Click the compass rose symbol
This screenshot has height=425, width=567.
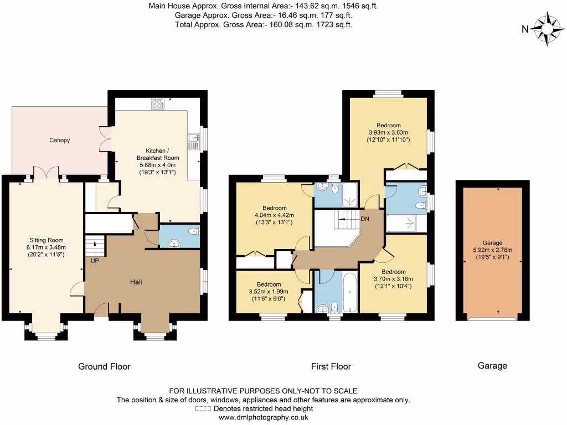(x=547, y=29)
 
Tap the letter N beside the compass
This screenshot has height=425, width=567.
(x=525, y=30)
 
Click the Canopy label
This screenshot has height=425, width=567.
(x=59, y=140)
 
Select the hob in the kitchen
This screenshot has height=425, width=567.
(x=157, y=103)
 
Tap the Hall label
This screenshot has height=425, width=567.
(x=136, y=282)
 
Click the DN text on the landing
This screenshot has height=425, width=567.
(x=365, y=219)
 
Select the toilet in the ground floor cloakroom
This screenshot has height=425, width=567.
(x=192, y=231)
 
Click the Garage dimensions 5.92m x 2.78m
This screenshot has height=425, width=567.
(x=492, y=250)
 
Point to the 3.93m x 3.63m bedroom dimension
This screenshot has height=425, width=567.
(x=388, y=132)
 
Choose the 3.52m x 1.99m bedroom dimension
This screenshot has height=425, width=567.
(x=270, y=291)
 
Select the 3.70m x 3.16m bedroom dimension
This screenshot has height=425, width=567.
(x=393, y=279)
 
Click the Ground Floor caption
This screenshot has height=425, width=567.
(x=104, y=366)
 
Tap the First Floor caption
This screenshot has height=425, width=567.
(x=331, y=366)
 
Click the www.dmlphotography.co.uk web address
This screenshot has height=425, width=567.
(x=263, y=418)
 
